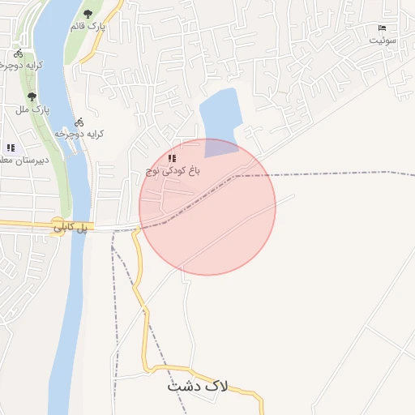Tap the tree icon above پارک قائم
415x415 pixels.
(x=88, y=14)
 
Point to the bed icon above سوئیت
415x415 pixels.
(x=383, y=28)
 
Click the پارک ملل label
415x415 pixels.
(x=33, y=109)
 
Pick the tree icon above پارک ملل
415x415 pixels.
(x=32, y=96)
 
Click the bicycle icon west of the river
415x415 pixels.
(x=18, y=54)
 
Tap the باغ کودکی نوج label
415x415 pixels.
(x=172, y=170)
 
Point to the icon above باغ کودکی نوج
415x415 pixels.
(x=171, y=157)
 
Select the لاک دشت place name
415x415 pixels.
(x=198, y=386)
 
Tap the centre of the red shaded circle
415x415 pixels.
(x=207, y=207)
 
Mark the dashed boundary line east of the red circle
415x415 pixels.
(x=340, y=173)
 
